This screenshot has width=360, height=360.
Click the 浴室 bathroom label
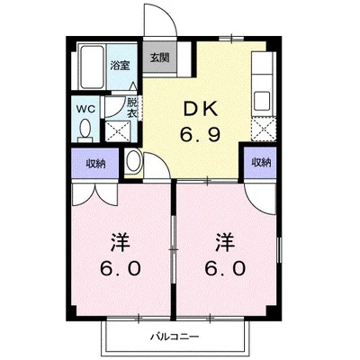point(118,65)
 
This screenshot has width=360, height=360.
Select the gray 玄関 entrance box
point(158,59)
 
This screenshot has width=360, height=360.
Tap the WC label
point(85,110)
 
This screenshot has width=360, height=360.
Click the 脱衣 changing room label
point(131,108)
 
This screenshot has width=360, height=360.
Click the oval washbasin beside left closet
point(133,164)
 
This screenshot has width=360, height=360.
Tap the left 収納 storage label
point(94,163)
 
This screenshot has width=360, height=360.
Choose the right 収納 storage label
point(260,163)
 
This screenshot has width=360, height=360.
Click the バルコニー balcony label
point(172,337)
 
